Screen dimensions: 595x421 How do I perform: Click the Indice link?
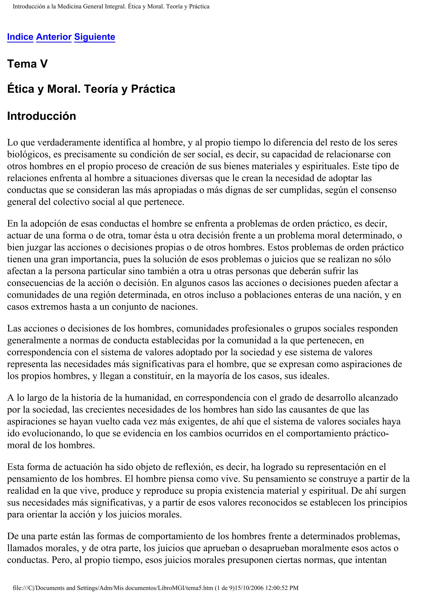point(20,37)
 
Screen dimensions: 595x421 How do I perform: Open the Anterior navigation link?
point(54,37)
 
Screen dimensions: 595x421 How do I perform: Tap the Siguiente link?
point(95,37)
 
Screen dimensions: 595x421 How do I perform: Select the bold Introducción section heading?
point(42,116)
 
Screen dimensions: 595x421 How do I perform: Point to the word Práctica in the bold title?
point(153,89)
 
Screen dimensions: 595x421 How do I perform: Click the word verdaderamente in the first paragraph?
point(70,142)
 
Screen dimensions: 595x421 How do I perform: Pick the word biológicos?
point(29,154)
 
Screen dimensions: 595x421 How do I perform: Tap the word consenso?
point(378,190)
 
